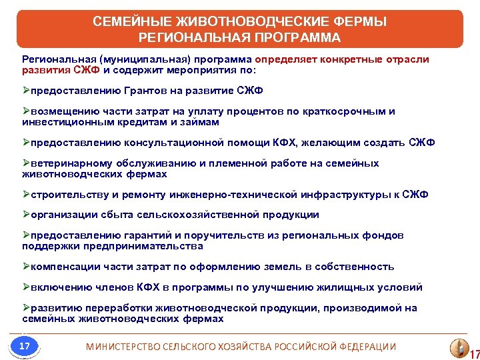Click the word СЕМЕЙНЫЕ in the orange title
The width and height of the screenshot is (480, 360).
pyautogui.click(x=131, y=21)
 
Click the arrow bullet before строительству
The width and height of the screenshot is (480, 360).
pyautogui.click(x=25, y=195)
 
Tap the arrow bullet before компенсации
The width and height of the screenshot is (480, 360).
pyautogui.click(x=25, y=267)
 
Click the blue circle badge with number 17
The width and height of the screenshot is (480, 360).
pyautogui.click(x=25, y=346)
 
